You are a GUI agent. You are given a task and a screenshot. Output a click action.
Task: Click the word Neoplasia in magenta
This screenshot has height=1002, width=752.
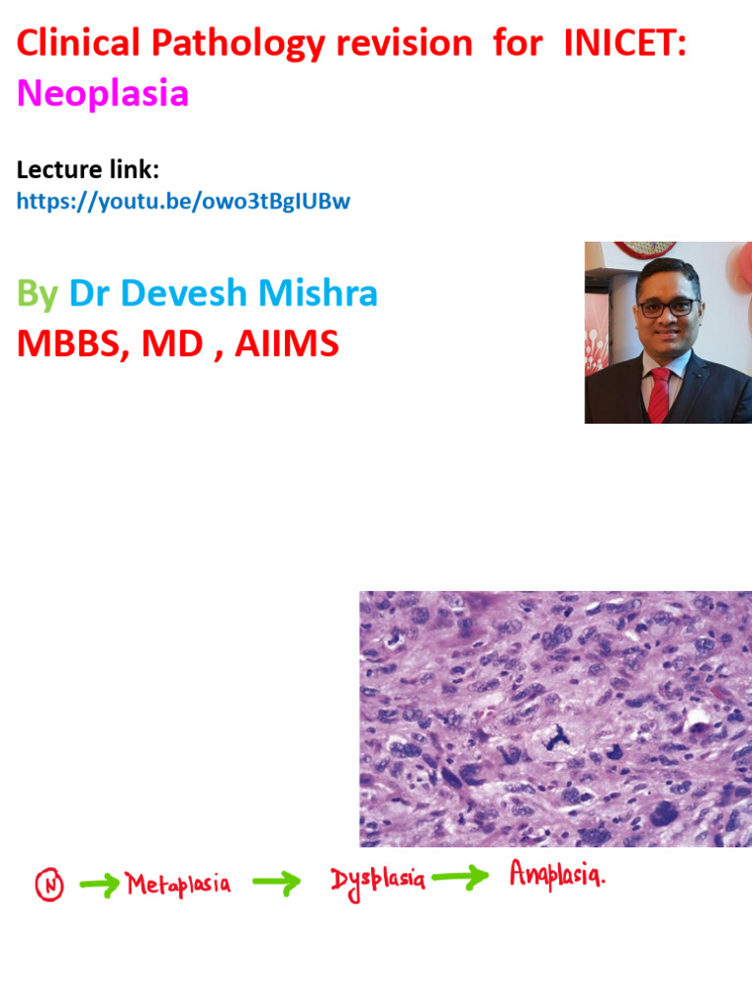point(103,94)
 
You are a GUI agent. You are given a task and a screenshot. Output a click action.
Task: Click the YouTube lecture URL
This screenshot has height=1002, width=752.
point(183,202)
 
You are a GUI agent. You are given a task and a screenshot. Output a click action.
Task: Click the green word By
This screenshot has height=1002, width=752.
point(37,294)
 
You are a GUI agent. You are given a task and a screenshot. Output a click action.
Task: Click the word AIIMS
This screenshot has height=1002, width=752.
point(286,343)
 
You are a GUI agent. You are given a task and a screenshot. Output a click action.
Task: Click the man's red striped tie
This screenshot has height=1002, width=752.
point(659,392)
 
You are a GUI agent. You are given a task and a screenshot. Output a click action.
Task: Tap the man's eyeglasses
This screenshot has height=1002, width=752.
point(666,306)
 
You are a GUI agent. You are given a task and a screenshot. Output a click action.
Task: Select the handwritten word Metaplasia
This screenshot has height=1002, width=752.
point(179,886)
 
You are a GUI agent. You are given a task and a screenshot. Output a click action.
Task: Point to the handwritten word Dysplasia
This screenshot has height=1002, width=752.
point(378,881)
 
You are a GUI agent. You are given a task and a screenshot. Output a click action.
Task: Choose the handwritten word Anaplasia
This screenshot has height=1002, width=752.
point(556,874)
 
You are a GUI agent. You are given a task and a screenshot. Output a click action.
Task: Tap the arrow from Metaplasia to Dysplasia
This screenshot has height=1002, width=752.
point(275,885)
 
